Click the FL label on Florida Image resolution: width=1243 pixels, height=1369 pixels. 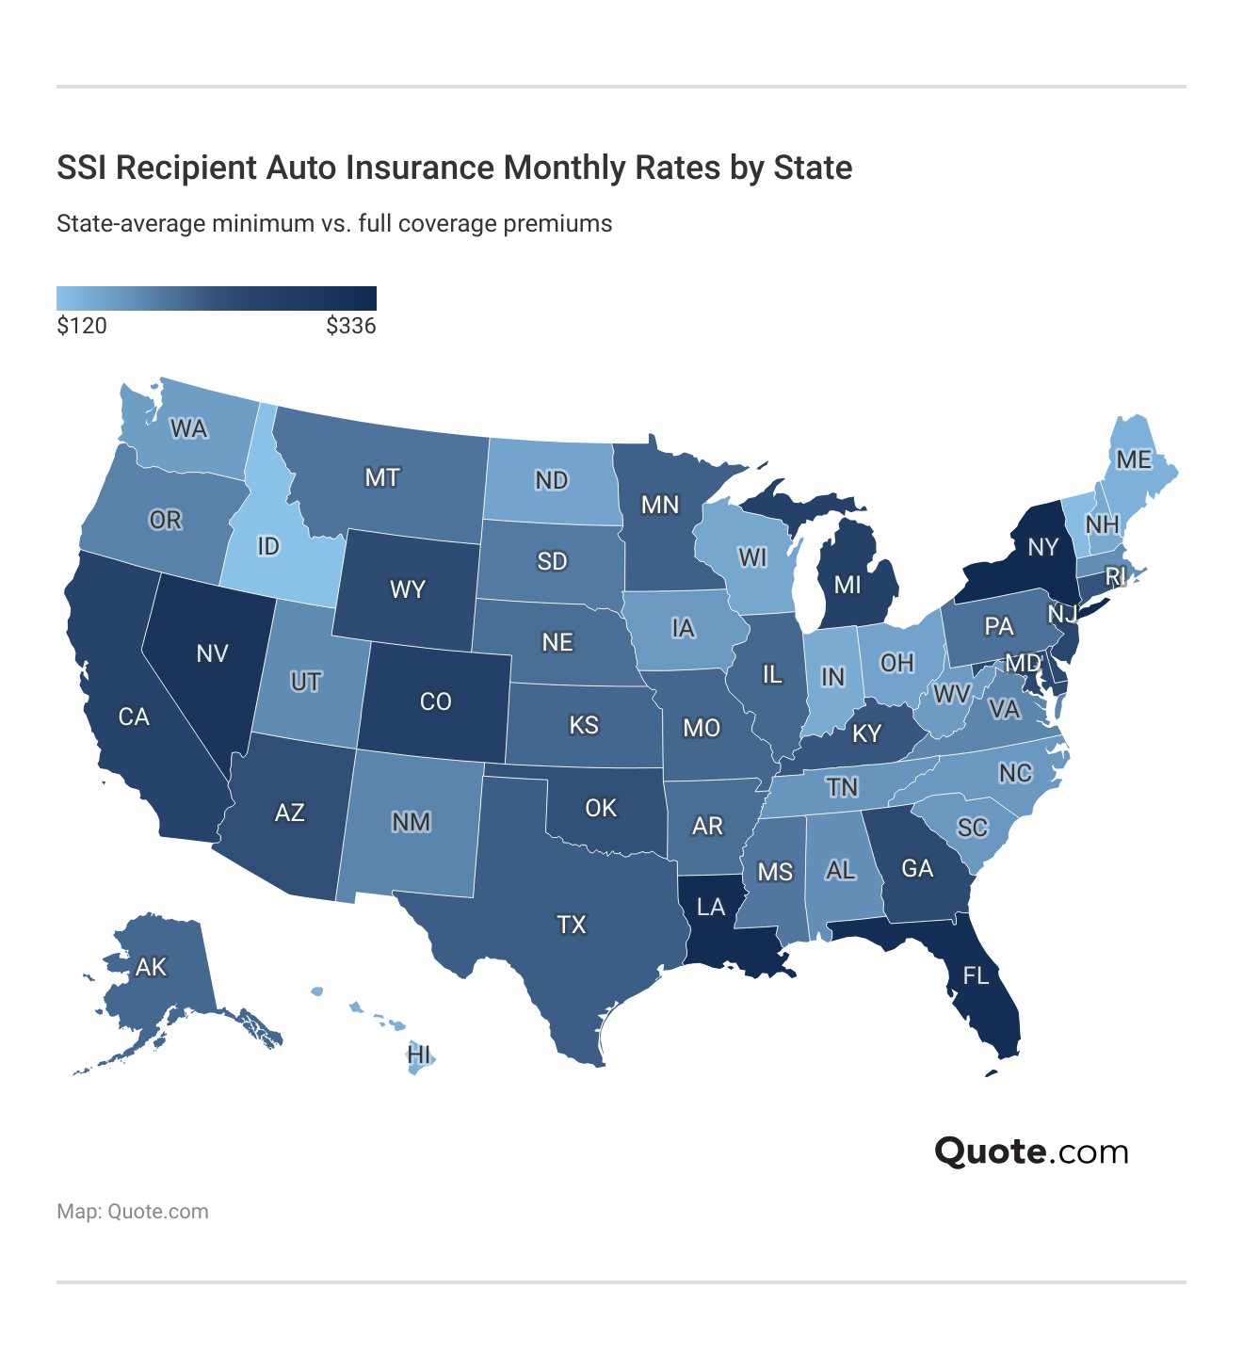976,975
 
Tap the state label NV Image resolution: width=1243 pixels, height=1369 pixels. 212,653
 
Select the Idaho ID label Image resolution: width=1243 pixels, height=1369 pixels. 268,546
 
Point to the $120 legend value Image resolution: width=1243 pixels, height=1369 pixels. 82,327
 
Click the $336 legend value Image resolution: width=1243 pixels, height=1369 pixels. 350,327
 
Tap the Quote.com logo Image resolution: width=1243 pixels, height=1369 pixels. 1031,1151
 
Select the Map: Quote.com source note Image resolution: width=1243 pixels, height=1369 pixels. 133,1212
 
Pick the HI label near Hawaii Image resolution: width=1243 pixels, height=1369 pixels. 419,1055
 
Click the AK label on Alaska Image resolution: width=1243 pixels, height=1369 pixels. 151,967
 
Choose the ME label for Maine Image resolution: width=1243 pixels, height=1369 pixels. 1133,459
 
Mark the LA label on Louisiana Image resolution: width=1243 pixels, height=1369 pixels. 711,907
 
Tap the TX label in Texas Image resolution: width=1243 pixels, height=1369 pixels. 572,925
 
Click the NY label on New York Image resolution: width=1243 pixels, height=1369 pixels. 1042,547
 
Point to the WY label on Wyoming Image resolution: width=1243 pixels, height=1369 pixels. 408,590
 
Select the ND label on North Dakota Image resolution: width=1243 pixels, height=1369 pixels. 551,480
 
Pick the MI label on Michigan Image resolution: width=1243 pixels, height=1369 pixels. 847,585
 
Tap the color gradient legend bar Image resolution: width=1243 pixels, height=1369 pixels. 217,298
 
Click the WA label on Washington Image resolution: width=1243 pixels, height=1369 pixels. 188,429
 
